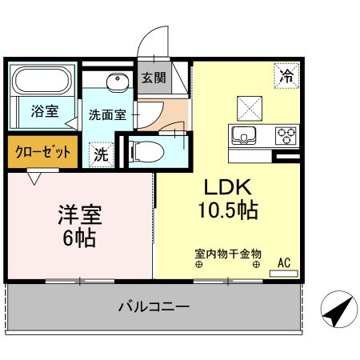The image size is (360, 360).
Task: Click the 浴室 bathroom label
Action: coord(44,111)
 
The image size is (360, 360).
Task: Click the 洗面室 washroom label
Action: coord(107,114)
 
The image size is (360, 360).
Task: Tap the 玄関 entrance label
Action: coord(154,78)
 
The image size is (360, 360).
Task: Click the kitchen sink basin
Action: coord(243,134)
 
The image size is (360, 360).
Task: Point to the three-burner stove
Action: coord(286,135)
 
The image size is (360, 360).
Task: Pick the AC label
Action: coord(284,262)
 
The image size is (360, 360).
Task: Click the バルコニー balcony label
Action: coord(154,306)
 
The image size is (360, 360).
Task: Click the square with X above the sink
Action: coord(247,106)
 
